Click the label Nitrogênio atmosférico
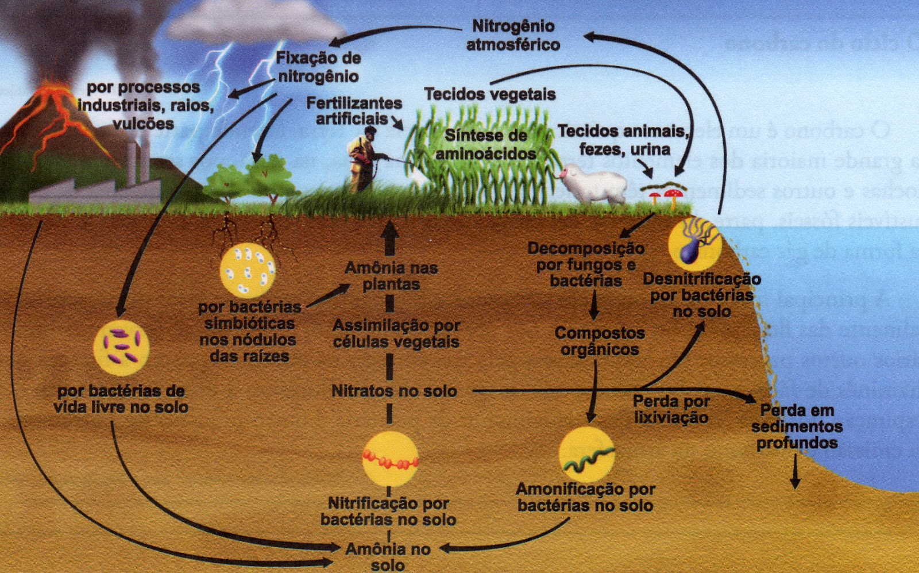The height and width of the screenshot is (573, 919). [513, 35]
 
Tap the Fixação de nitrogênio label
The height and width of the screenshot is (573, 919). [318, 67]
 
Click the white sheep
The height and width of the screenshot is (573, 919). [594, 183]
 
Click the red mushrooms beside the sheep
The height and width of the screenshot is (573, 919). [663, 196]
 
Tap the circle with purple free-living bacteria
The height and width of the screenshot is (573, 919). [121, 348]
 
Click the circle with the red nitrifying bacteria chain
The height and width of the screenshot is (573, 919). [390, 460]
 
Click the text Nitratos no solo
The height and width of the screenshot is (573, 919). [394, 391]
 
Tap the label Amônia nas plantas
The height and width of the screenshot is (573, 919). [391, 276]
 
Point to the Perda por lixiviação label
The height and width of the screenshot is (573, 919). [671, 409]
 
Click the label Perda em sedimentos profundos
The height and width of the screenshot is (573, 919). [797, 426]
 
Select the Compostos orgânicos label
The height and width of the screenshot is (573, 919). [600, 341]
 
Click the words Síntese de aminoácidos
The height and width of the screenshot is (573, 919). [486, 144]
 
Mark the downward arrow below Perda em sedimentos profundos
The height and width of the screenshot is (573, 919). [796, 471]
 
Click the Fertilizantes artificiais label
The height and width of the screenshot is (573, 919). [354, 111]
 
